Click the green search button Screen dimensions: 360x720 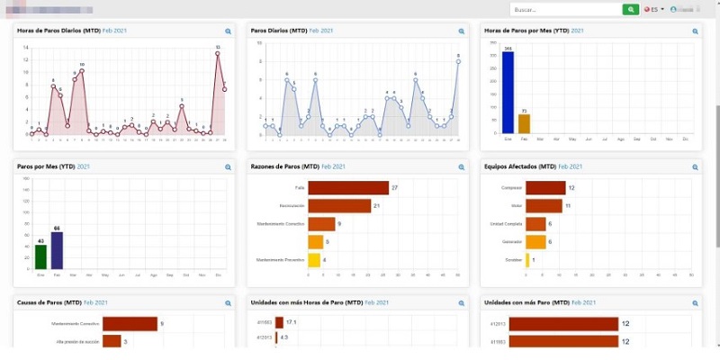click(631, 9)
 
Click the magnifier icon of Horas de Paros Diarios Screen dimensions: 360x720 click(229, 31)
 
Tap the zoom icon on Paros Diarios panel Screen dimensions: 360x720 click(462, 31)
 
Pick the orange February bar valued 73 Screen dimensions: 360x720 click(524, 124)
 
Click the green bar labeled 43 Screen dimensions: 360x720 click(40, 256)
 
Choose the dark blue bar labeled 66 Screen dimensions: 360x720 click(57, 250)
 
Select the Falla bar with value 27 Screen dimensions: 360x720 click(347, 187)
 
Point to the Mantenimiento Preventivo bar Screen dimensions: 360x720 click(313, 260)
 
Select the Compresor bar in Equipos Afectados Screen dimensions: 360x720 click(545, 187)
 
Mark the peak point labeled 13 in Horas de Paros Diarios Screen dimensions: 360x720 click(218, 53)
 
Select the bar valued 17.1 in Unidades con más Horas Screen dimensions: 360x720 click(279, 321)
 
